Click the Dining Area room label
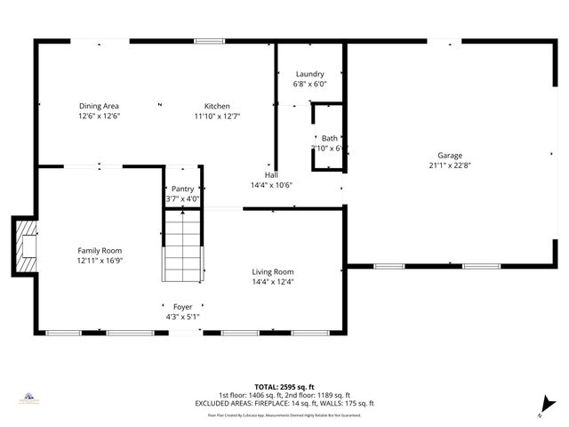(x=99, y=106)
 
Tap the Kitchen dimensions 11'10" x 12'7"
(x=218, y=116)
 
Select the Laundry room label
(x=309, y=74)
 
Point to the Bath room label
(x=329, y=138)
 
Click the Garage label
(x=449, y=154)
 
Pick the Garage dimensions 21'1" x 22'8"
(x=449, y=164)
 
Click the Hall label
(x=271, y=175)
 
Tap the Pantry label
(x=182, y=189)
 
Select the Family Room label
(x=99, y=251)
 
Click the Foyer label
(x=182, y=307)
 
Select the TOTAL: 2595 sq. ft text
(x=284, y=388)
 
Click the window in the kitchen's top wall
(x=209, y=41)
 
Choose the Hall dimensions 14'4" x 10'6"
(x=271, y=185)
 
